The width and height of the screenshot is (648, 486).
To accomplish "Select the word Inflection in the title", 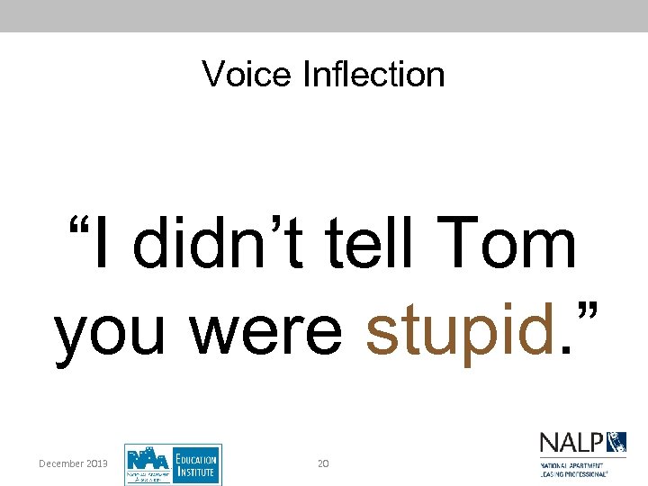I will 373,74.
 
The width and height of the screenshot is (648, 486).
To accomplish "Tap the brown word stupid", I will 458,330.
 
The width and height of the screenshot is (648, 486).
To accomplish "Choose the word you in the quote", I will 114,330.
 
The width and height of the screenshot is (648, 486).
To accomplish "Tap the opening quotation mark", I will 78,227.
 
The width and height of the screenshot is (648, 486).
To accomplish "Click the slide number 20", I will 323,463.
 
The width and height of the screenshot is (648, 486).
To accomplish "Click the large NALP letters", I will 570,444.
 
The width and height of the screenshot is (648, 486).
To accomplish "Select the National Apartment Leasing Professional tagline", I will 573,467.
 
